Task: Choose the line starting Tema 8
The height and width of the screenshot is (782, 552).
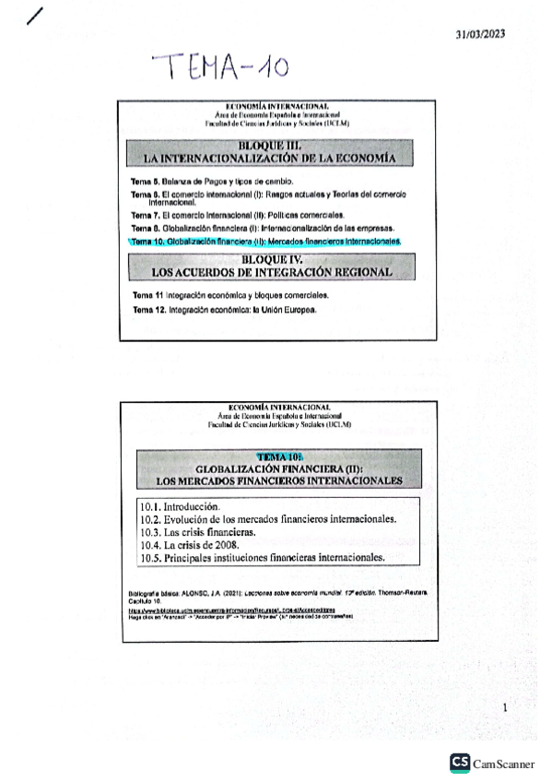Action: coord(263,227)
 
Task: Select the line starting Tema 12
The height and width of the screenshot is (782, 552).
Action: coord(224,310)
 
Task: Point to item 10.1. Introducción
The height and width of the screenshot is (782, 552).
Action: coord(180,506)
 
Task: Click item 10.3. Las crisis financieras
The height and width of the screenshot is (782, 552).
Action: coord(197,532)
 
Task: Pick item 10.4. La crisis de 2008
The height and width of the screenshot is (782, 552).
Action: coord(189,545)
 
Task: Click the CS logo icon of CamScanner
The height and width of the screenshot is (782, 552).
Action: coord(459,762)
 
